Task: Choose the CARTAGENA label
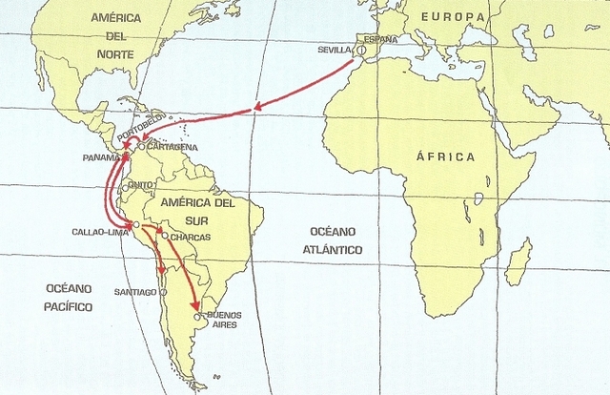(173, 147)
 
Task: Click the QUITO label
(141, 185)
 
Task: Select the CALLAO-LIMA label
(99, 231)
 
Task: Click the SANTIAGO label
(134, 291)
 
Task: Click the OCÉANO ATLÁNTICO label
(333, 240)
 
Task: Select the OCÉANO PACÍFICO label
(69, 297)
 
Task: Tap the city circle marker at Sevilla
(361, 51)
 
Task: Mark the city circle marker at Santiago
(163, 291)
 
